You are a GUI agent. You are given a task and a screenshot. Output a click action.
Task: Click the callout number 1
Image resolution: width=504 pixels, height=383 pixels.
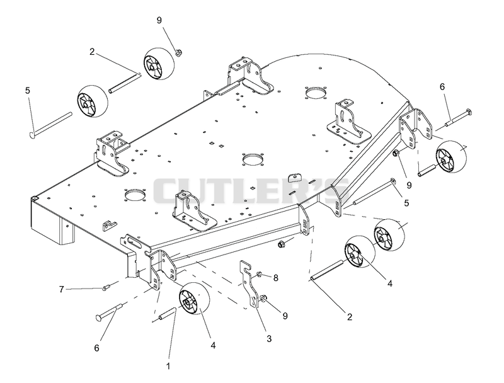click(x=168, y=366)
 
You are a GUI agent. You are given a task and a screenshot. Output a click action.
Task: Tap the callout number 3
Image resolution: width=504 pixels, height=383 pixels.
click(x=269, y=339)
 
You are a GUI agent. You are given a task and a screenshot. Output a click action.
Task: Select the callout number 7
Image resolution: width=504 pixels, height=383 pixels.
click(x=61, y=290)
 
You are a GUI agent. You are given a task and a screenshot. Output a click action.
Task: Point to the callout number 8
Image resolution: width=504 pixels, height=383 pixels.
click(x=275, y=278)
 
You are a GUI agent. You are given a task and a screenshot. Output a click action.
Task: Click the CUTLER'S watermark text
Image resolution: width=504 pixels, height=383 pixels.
click(x=250, y=192)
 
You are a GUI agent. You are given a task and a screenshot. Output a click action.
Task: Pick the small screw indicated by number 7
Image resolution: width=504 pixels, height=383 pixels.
click(x=106, y=288)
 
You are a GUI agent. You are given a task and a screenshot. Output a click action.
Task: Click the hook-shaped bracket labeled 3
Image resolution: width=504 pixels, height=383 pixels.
click(x=250, y=285)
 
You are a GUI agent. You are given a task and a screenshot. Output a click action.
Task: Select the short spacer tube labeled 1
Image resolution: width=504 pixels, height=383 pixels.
click(x=166, y=314)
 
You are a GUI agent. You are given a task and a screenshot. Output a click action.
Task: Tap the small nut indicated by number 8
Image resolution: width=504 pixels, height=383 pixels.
click(x=259, y=274)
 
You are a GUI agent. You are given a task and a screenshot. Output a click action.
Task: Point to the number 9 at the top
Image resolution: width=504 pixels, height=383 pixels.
click(x=159, y=20)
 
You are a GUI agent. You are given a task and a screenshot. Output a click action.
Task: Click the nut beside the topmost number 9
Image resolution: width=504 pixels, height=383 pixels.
click(x=178, y=52)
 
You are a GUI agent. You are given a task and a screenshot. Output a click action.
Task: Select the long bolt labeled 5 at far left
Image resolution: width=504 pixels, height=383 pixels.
click(x=50, y=125)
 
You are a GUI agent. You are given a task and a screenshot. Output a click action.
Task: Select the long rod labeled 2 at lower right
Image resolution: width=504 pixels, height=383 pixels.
click(x=326, y=271)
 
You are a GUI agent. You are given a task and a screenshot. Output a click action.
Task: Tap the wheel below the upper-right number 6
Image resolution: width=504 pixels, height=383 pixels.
click(x=450, y=156)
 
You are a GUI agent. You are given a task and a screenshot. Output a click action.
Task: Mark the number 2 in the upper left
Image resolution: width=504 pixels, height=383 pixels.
click(x=92, y=52)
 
